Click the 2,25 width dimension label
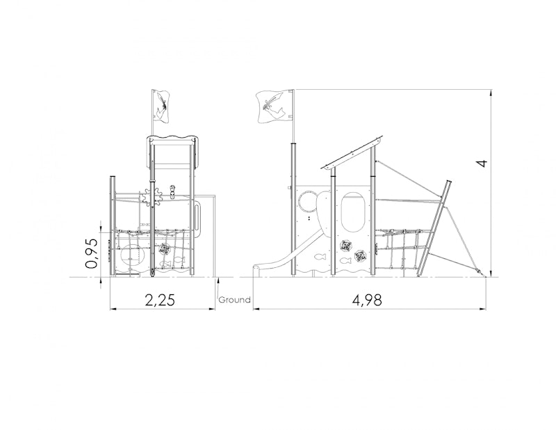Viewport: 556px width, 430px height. pyautogui.click(x=160, y=301)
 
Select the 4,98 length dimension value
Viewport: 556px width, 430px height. pyautogui.click(x=368, y=301)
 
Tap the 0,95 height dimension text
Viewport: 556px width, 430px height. pyautogui.click(x=92, y=253)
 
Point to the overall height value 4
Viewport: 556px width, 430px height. pyautogui.click(x=482, y=164)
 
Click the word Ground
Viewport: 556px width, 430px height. pyautogui.click(x=234, y=300)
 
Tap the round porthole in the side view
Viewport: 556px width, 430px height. pyautogui.click(x=307, y=202)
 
